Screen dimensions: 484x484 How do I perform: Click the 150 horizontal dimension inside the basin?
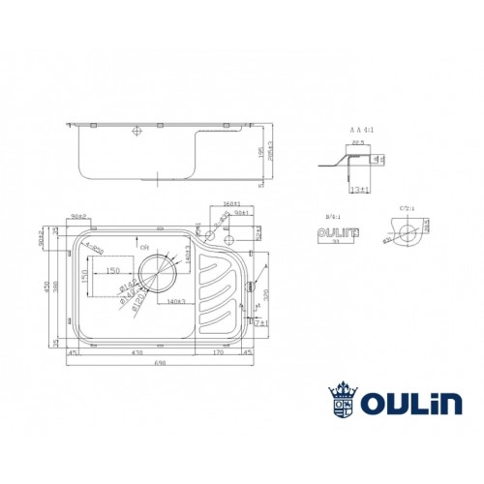point(112,270)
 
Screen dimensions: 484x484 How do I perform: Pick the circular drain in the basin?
point(157,275)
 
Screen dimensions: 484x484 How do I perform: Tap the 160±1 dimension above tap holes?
point(229,205)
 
